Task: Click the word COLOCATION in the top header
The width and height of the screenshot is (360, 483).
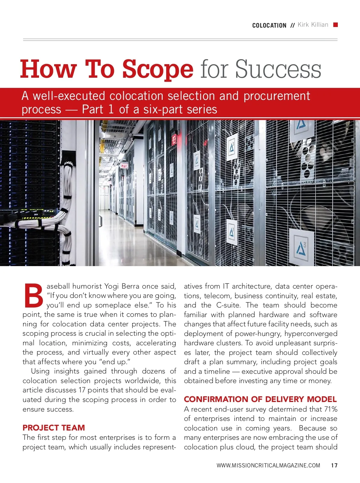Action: pyautogui.click(x=269, y=25)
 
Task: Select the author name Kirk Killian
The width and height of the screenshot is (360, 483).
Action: pyautogui.click(x=313, y=25)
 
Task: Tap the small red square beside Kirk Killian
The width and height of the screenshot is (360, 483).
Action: pyautogui.click(x=336, y=25)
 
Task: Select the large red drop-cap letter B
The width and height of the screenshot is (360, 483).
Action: pyautogui.click(x=34, y=295)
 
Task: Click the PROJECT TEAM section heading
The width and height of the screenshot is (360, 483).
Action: pyautogui.click(x=54, y=427)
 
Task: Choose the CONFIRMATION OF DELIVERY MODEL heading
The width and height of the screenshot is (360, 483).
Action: pyautogui.click(x=260, y=399)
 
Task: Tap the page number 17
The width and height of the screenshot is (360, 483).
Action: pyautogui.click(x=334, y=466)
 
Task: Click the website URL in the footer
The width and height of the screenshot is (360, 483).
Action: pyautogui.click(x=268, y=466)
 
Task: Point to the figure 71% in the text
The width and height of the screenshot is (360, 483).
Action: pyautogui.click(x=331, y=409)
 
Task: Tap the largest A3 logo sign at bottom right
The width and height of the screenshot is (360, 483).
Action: pyautogui.click(x=301, y=248)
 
